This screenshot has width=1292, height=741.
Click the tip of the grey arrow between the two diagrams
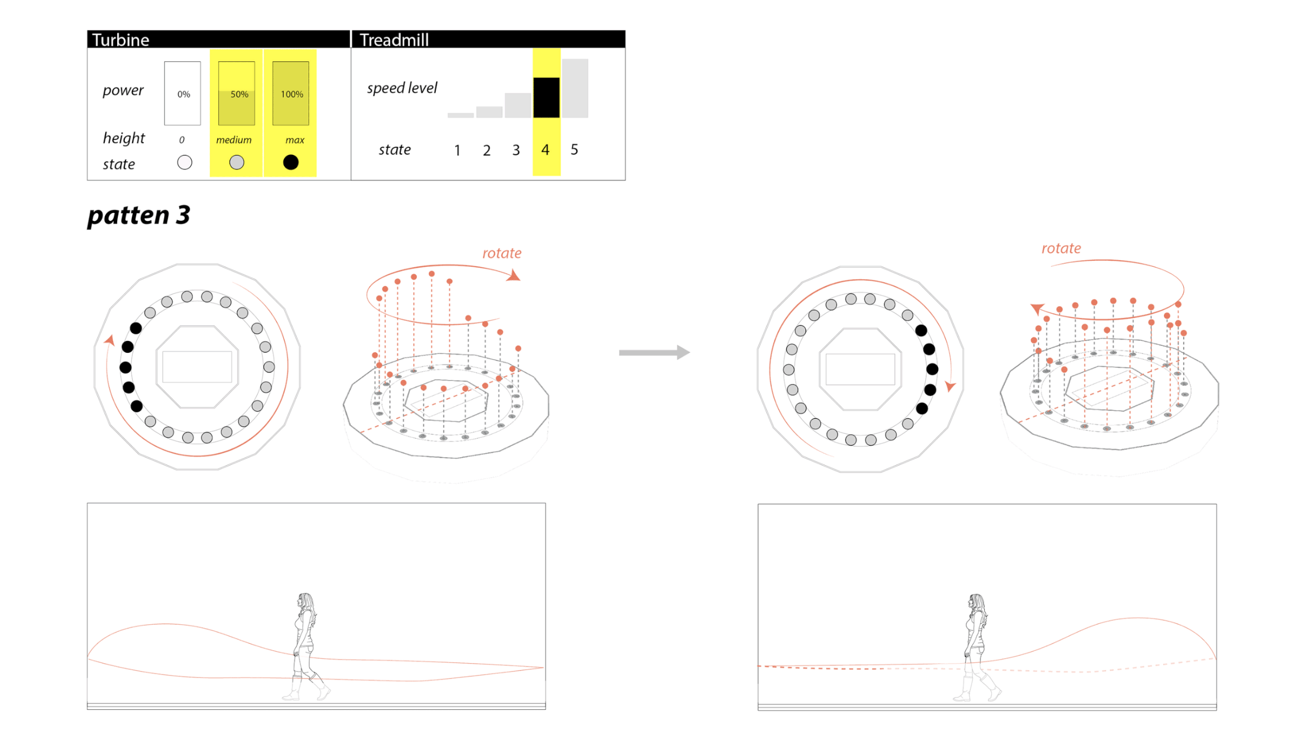point(690,352)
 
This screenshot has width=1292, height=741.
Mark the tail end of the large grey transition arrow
point(620,353)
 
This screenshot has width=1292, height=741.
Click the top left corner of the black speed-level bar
point(534,78)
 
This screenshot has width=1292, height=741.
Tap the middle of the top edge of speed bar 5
point(575,59)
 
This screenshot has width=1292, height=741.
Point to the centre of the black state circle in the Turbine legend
point(290,162)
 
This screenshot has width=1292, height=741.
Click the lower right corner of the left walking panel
point(545,709)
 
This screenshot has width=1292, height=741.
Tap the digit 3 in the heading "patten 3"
point(183,215)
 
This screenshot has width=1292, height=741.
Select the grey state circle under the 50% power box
point(237,162)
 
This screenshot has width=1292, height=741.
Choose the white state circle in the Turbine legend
point(184,162)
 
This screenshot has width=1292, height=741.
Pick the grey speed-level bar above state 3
point(518,105)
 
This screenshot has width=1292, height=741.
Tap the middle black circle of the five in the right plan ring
point(932,369)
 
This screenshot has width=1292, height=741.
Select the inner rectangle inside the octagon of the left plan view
point(197,367)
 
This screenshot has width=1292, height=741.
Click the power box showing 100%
point(290,93)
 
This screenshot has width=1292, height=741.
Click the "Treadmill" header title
point(394,40)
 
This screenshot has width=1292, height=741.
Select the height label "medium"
point(233,140)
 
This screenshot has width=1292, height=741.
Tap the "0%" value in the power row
point(183,94)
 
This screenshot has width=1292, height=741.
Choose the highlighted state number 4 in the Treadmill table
point(545,149)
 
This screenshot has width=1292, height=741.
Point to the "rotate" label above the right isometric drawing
point(1061,248)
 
